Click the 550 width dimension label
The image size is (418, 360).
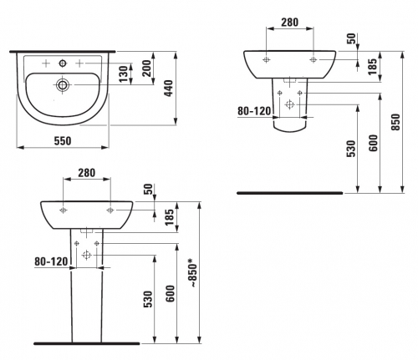(63, 141)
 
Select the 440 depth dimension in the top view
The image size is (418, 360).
(168, 89)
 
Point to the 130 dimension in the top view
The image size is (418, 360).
(123, 74)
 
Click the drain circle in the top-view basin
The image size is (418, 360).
(63, 84)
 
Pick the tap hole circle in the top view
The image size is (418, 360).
(63, 63)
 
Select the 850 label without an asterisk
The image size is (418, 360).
(395, 122)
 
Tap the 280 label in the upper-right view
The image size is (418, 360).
(289, 22)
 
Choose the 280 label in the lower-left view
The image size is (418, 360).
(86, 173)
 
